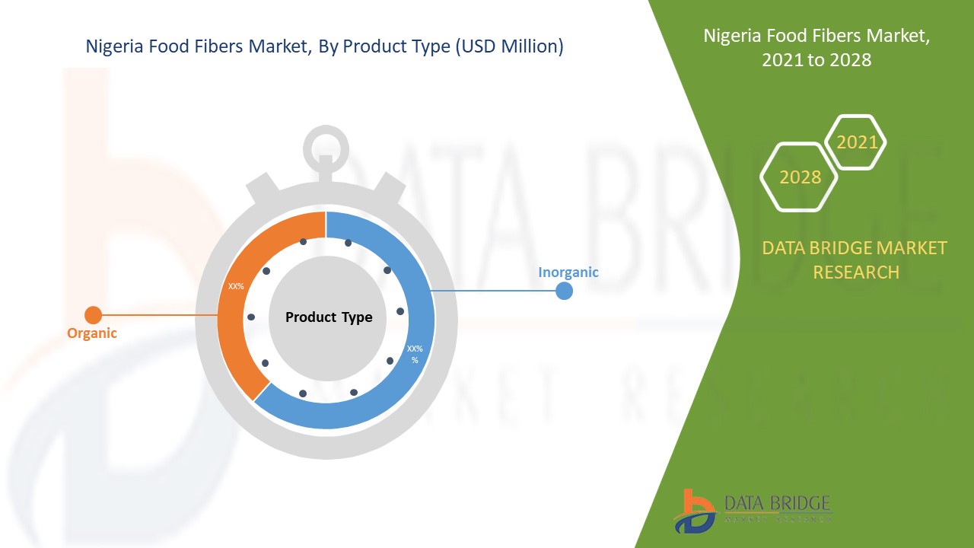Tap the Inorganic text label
pyautogui.click(x=568, y=272)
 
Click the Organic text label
pyautogui.click(x=92, y=333)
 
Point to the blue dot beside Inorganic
pyautogui.click(x=564, y=291)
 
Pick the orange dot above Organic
pyautogui.click(x=93, y=315)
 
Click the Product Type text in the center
pyautogui.click(x=329, y=317)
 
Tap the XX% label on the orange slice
pyautogui.click(x=236, y=287)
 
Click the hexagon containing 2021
pyautogui.click(x=857, y=142)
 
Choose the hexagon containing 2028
pyautogui.click(x=800, y=177)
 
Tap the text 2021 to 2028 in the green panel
pyautogui.click(x=816, y=60)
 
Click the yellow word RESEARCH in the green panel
pyautogui.click(x=856, y=272)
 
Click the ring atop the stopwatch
pyautogui.click(x=325, y=145)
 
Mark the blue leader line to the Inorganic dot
pyautogui.click(x=495, y=291)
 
